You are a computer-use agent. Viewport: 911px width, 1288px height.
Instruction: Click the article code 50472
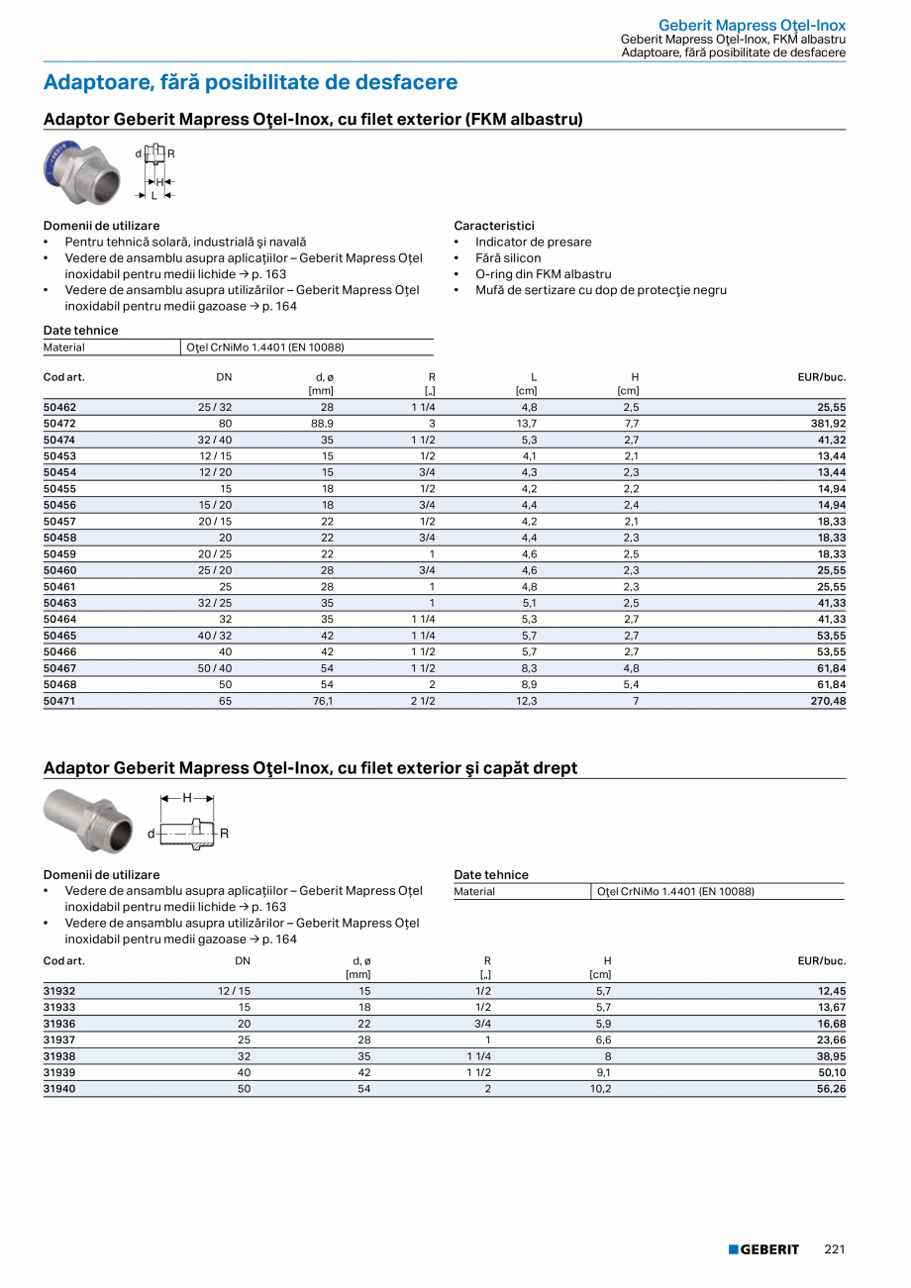coord(59,424)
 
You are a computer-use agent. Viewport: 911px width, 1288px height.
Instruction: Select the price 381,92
coord(826,424)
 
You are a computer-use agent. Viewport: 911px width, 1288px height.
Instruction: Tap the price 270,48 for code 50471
coord(826,701)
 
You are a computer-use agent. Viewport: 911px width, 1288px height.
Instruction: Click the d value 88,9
coord(322,424)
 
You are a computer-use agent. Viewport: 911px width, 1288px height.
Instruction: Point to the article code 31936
coord(59,1024)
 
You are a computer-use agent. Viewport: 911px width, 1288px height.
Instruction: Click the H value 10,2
coord(600,1089)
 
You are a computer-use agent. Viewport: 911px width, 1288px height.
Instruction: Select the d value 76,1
coord(322,701)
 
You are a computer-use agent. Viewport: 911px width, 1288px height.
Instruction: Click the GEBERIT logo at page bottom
coord(763,1249)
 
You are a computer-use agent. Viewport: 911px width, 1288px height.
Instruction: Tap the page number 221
coord(834,1249)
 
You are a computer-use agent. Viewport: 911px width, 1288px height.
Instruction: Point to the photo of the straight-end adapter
coord(89,820)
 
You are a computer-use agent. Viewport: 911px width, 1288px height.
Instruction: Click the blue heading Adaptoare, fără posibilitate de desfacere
coord(251,82)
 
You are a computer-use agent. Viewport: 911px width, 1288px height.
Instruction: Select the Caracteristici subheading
coord(493,226)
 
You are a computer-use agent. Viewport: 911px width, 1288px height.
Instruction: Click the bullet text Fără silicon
coord(508,258)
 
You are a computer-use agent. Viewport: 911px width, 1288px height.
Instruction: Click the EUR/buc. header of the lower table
coord(821,961)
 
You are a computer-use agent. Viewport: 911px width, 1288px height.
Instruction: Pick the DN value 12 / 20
coord(216,472)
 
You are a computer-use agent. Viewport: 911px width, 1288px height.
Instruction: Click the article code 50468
coord(59,684)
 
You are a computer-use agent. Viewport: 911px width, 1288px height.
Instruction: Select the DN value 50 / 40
coord(216,668)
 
